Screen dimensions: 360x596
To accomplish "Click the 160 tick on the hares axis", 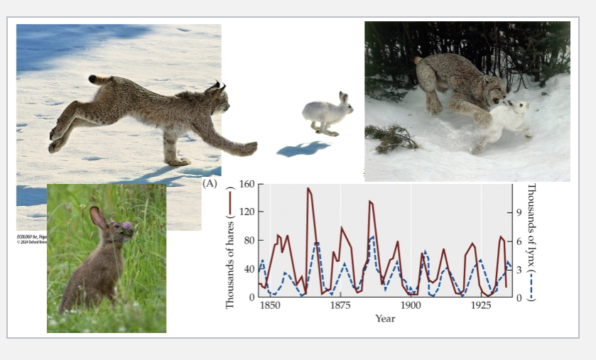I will (x=246, y=185).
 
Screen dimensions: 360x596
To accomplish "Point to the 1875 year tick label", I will (x=340, y=305).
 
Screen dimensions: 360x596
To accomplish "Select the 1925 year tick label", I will (x=481, y=305).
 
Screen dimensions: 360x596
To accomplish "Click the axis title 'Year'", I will (x=385, y=319).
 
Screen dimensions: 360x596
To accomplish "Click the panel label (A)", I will (x=210, y=183).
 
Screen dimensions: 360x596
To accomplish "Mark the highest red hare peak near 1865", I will (x=308, y=189).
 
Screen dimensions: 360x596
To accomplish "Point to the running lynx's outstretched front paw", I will (x=246, y=148).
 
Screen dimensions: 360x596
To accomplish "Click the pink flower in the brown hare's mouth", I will (x=127, y=227).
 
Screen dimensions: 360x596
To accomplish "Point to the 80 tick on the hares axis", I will (x=249, y=241).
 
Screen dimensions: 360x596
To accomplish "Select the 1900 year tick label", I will (x=411, y=305).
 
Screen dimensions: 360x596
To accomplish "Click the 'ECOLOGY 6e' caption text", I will (x=31, y=234).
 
